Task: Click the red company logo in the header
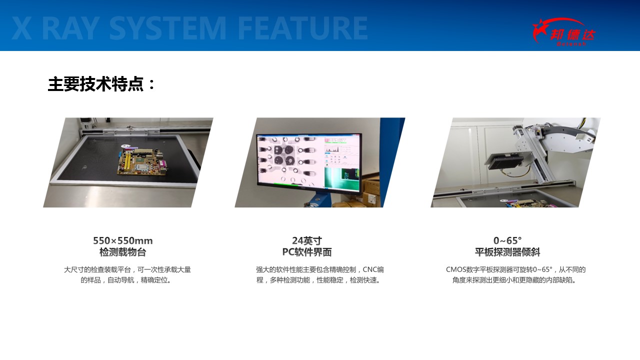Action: [563, 32]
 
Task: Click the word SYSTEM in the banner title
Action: [167, 28]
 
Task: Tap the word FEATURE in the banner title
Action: [302, 28]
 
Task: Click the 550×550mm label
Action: [123, 240]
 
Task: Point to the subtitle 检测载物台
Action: [123, 252]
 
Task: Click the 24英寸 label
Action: [307, 240]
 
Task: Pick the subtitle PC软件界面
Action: [307, 252]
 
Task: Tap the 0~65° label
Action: [507, 240]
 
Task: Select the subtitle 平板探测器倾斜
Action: [507, 252]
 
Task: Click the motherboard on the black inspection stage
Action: [141, 161]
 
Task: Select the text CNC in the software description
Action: [369, 269]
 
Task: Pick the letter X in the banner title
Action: [21, 28]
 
